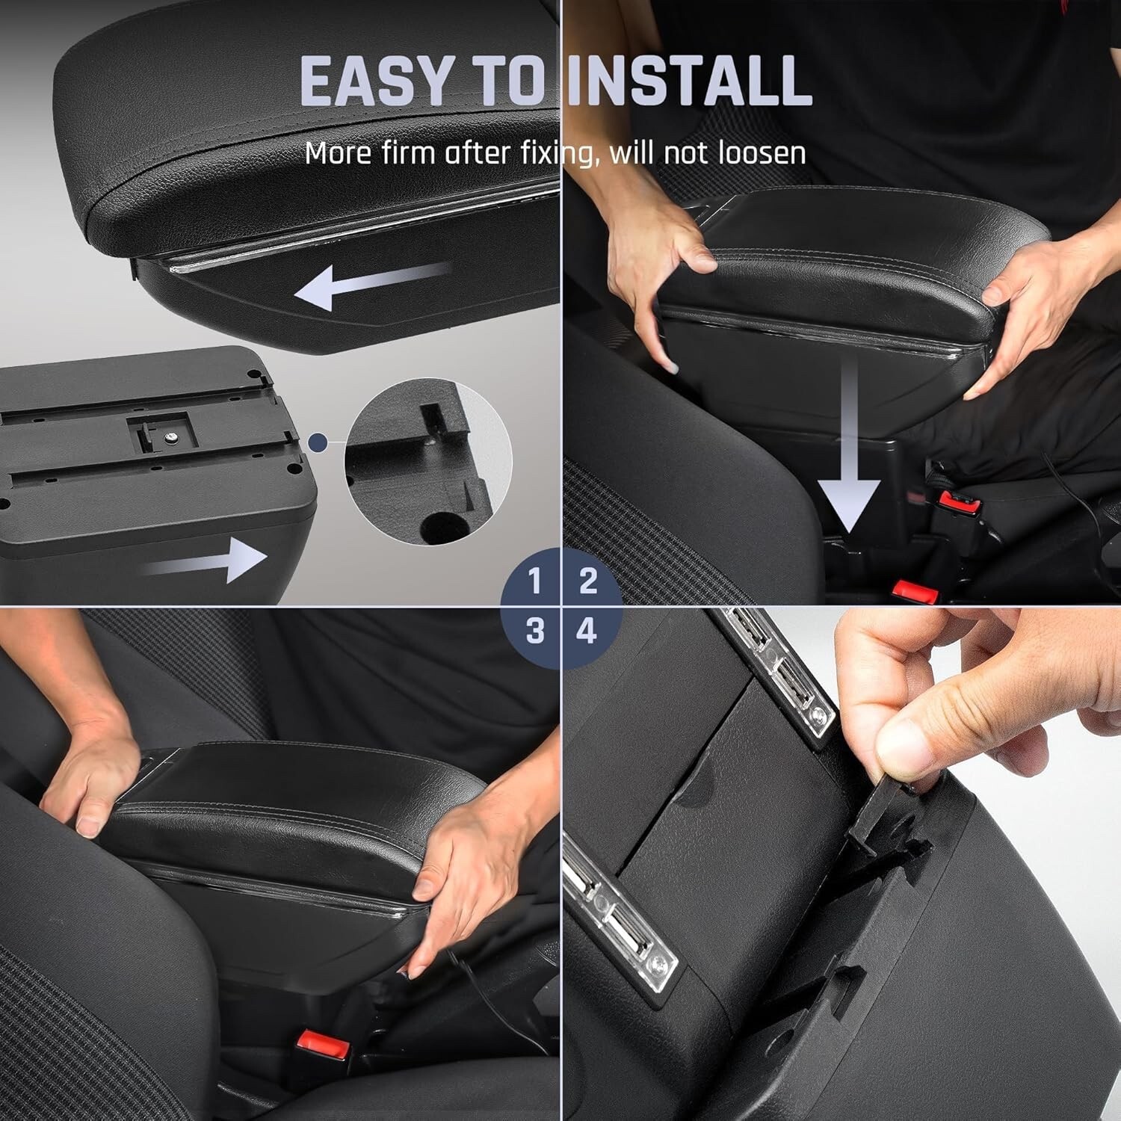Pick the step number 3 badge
click(x=534, y=631)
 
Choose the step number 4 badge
click(x=588, y=631)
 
